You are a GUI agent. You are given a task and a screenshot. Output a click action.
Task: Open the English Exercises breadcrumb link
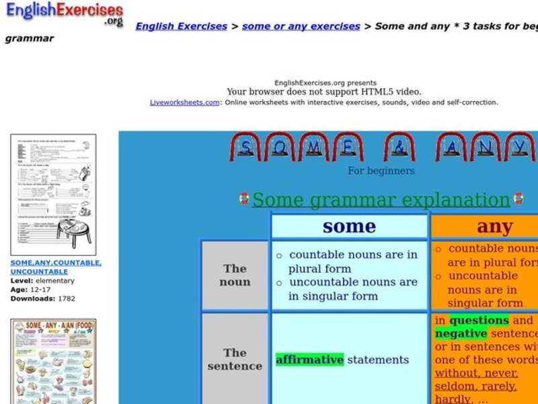coord(181,26)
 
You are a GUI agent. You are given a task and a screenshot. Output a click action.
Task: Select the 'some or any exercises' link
coord(301,26)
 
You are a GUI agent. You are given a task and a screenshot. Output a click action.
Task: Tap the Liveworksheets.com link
coord(184,103)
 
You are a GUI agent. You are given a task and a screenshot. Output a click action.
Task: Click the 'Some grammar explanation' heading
coord(381,200)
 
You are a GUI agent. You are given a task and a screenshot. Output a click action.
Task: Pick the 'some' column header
coord(349,226)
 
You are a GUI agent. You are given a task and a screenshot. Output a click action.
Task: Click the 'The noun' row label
coord(235,275)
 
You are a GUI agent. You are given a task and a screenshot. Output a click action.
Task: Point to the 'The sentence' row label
coord(235,359)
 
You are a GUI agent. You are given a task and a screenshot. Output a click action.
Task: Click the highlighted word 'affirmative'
coord(309,360)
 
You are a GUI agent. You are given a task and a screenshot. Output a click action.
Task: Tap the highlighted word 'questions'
coord(479,321)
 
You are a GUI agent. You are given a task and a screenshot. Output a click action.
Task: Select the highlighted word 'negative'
coord(461,334)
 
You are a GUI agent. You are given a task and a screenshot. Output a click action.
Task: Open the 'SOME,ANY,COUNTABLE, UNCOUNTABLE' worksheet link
coord(56,267)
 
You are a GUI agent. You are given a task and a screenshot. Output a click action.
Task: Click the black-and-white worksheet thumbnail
coord(53,194)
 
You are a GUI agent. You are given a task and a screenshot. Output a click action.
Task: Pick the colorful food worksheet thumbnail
coord(53,361)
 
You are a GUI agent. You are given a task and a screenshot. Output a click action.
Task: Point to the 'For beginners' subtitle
coord(381,171)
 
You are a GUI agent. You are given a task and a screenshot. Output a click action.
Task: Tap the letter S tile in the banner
coord(246,147)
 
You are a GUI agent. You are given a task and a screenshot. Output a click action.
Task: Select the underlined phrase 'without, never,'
coord(476,373)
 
